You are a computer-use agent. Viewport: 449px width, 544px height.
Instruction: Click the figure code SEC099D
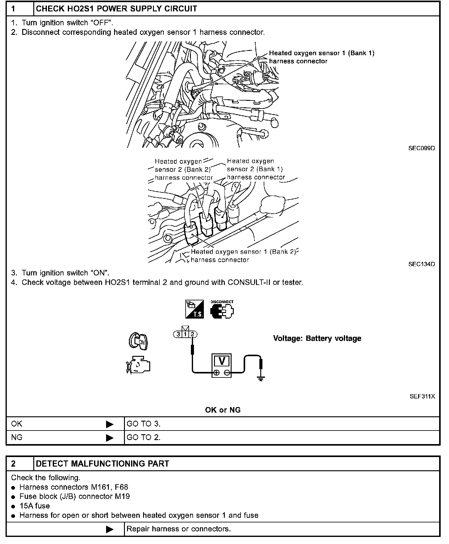422,148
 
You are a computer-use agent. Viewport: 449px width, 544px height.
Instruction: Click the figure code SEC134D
422,264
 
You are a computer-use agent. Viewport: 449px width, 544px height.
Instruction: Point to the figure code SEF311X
422,397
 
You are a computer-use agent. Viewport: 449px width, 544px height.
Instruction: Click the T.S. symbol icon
195,309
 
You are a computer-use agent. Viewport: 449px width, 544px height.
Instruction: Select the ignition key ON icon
138,341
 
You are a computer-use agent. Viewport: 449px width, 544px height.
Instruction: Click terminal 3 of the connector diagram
178,334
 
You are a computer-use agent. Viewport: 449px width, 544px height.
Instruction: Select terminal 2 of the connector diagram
192,334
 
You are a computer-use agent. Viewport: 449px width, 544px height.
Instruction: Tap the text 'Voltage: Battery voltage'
317,338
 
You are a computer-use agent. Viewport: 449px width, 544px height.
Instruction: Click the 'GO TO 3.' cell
144,424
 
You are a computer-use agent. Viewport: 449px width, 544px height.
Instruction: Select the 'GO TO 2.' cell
144,437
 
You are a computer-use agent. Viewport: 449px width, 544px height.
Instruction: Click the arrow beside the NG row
109,438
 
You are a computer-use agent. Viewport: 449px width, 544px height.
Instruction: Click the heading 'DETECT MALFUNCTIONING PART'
103,464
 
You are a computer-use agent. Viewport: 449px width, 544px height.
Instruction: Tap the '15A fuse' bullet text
35,506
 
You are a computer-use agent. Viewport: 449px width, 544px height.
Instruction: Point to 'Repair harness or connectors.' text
179,529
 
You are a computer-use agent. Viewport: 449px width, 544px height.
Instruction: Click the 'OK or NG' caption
223,410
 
